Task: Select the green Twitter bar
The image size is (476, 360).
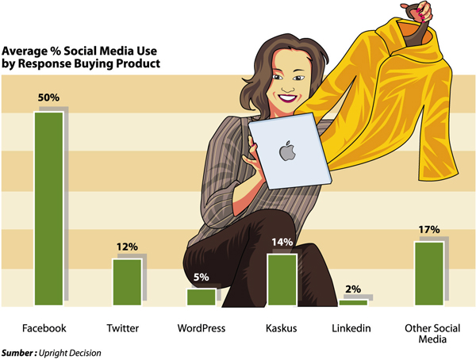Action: [x=126, y=282]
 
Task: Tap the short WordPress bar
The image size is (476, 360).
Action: [x=201, y=297]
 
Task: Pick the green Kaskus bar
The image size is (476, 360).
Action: [x=282, y=279]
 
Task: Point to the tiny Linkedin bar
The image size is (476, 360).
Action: [x=354, y=302]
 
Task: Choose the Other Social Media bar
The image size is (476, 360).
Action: [x=429, y=274]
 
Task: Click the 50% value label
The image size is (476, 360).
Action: [x=49, y=98]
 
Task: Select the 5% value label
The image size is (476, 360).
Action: [x=202, y=278]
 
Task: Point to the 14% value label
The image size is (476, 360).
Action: [x=282, y=242]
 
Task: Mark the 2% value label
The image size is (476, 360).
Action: [x=355, y=289]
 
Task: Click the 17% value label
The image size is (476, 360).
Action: [x=429, y=230]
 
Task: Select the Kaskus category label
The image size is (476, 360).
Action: [x=282, y=328]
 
